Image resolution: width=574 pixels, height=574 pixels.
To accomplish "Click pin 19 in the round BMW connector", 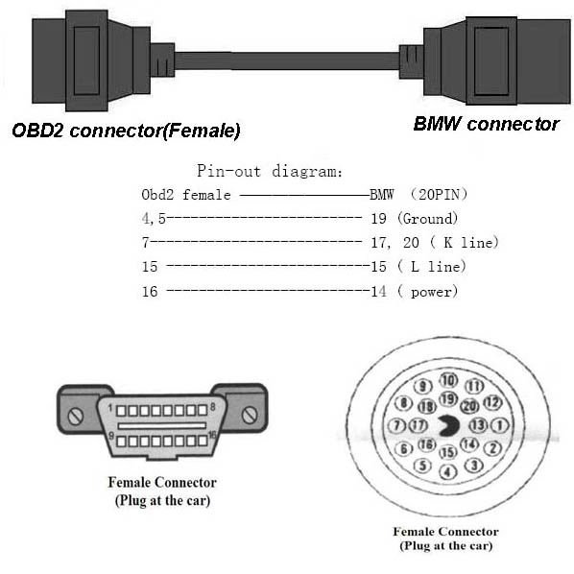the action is click(448, 399).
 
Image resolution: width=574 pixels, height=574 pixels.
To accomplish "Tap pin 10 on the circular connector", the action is click(448, 381).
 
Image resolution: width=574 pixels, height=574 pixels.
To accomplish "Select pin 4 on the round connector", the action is click(447, 472).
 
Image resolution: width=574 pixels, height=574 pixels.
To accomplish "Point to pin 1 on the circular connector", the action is click(499, 425).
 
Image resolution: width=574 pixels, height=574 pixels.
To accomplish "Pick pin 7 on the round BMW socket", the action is click(396, 426).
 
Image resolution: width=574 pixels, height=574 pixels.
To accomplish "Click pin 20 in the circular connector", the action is click(469, 406).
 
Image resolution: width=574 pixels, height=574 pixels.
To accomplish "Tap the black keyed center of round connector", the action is click(449, 426).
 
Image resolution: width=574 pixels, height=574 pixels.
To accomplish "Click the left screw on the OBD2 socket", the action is click(76, 417).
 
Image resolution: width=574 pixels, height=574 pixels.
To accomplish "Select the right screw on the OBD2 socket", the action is click(250, 415).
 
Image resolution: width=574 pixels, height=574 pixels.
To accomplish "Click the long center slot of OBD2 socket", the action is click(162, 426).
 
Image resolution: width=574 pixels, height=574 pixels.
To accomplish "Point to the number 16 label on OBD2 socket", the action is click(212, 435).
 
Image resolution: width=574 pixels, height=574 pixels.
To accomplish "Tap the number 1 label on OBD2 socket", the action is click(110, 407).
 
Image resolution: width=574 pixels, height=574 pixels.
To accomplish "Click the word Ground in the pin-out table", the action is click(427, 219).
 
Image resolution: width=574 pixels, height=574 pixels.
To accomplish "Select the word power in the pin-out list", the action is click(432, 292).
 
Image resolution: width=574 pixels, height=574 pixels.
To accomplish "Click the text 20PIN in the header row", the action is click(439, 195).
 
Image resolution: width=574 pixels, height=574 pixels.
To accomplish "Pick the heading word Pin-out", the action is click(228, 171).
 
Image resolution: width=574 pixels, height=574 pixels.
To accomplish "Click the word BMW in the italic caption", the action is click(437, 124).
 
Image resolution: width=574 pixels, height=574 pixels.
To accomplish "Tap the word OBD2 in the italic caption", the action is click(37, 131).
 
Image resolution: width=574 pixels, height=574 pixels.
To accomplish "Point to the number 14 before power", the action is click(378, 292).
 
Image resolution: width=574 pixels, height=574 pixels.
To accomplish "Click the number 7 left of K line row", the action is click(146, 242).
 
